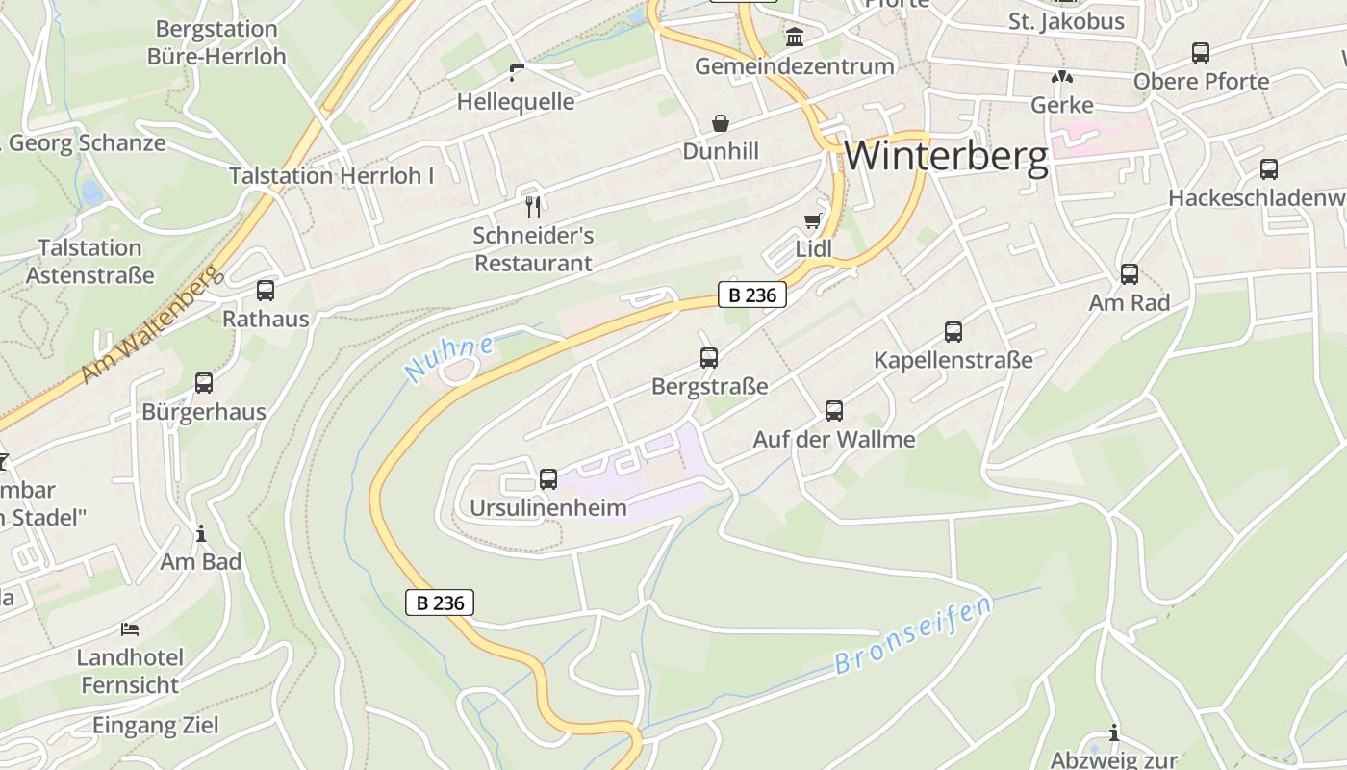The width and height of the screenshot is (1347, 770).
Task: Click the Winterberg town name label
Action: (x=946, y=156)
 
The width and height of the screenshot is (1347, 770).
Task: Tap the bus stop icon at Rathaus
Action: (x=266, y=291)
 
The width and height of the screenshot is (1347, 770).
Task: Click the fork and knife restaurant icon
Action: (x=533, y=206)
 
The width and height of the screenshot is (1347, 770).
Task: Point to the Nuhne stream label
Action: (x=449, y=359)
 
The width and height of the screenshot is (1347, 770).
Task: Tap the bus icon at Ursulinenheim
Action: (x=548, y=478)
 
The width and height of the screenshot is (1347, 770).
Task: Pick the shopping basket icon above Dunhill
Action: (x=721, y=123)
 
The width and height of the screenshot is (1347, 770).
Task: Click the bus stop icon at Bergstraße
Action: (x=709, y=358)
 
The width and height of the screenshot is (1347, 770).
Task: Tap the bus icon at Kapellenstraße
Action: (x=953, y=332)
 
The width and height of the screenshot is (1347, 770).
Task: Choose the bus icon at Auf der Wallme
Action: (x=834, y=411)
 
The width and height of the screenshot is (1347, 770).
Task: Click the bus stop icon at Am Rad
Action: (x=1130, y=274)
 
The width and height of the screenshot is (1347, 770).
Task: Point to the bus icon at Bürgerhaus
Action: (x=204, y=383)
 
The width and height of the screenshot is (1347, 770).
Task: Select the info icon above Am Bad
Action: (x=201, y=533)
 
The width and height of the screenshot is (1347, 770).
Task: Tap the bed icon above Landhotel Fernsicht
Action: (x=130, y=629)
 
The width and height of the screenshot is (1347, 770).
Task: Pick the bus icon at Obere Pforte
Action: (x=1201, y=53)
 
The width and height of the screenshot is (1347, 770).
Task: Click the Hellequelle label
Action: (x=516, y=102)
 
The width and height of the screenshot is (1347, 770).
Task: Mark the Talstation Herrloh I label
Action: (x=331, y=176)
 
